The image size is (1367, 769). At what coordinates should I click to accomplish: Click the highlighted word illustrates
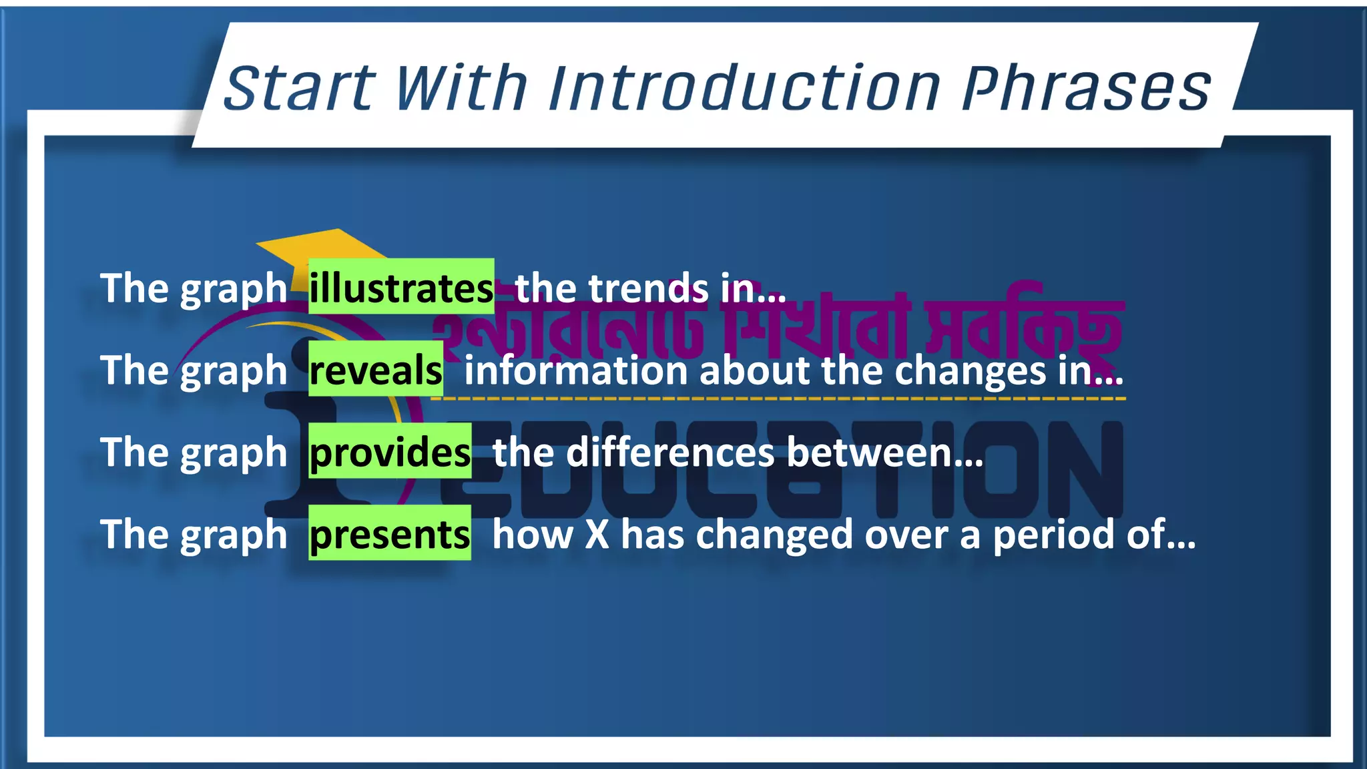(401, 288)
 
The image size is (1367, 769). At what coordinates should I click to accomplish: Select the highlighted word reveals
(376, 370)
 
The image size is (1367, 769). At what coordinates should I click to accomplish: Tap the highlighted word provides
(390, 452)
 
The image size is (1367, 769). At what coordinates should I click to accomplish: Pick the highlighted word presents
(390, 534)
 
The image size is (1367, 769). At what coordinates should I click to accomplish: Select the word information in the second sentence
(575, 370)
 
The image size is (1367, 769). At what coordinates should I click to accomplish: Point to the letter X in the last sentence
(597, 534)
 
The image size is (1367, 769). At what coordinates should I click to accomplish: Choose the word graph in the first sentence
(234, 289)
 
